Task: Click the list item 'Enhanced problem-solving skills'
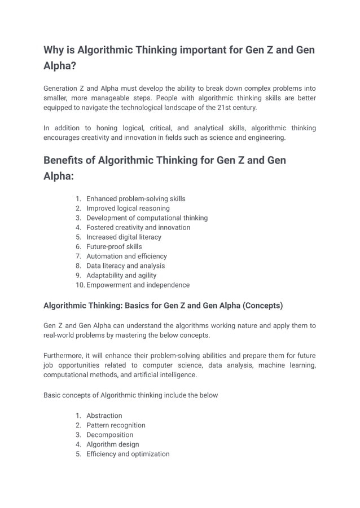[x=135, y=198]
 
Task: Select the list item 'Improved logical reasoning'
[x=128, y=208]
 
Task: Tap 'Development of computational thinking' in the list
[x=147, y=218]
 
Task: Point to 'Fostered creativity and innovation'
[x=138, y=227]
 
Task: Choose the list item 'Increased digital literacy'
[x=124, y=237]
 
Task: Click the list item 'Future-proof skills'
[x=114, y=246]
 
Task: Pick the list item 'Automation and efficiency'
[x=126, y=256]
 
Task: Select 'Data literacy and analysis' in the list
[x=125, y=266]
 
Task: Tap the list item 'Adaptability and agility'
[x=121, y=275]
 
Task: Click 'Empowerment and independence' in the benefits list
[x=138, y=285]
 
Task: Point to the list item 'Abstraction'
[x=104, y=416]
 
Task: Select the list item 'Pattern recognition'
[x=116, y=425]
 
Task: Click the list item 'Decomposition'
[x=109, y=435]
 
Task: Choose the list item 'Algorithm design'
[x=112, y=444]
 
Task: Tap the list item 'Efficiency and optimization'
[x=128, y=454]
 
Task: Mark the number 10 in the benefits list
[x=79, y=285]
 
